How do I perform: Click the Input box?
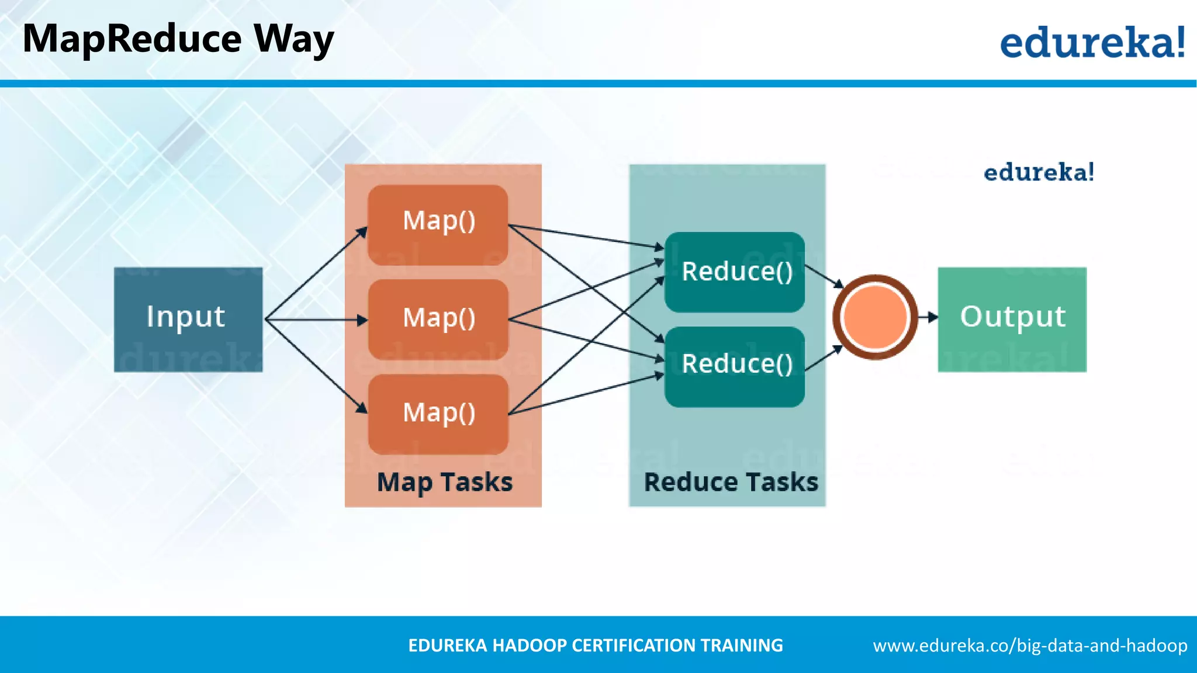click(x=188, y=319)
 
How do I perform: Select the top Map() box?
click(x=438, y=225)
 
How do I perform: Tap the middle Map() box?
click(x=438, y=319)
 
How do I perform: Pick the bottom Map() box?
click(x=438, y=414)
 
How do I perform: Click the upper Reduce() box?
click(x=735, y=272)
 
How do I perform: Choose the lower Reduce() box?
click(x=735, y=366)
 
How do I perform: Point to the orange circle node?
click(x=875, y=317)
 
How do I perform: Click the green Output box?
click(x=1012, y=319)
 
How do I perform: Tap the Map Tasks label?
click(x=444, y=483)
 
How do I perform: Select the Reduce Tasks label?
click(x=731, y=483)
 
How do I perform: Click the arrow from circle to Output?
click(x=928, y=317)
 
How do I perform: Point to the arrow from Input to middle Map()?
click(x=316, y=320)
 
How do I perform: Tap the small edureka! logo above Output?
click(x=1039, y=172)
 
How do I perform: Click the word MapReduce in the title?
click(x=132, y=39)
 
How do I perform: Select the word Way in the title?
click(x=294, y=40)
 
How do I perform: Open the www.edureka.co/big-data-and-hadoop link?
click(x=1030, y=646)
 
